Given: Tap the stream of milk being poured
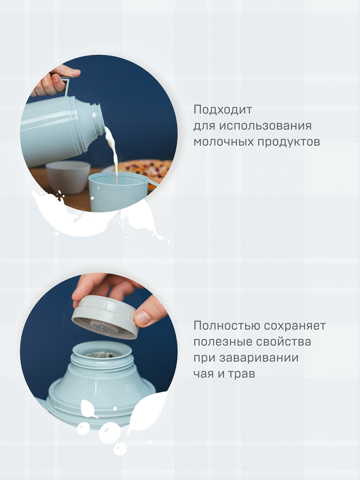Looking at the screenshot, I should [113, 153].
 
